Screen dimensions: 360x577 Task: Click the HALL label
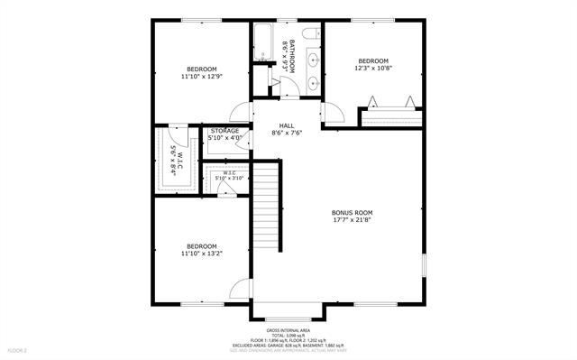coord(287,125)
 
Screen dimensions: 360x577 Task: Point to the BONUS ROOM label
coord(352,212)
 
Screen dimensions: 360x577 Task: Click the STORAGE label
coord(224,131)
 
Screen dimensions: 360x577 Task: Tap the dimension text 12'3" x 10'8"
coord(372,68)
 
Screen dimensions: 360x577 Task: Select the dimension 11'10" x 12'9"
coord(201,77)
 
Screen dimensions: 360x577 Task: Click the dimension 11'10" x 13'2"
coord(201,254)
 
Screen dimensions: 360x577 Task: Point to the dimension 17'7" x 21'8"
coord(352,220)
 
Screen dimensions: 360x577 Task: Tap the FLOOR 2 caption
coord(18,349)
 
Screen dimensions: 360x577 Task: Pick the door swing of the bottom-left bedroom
coord(240,291)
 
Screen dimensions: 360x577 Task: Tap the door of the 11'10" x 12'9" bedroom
coord(240,113)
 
